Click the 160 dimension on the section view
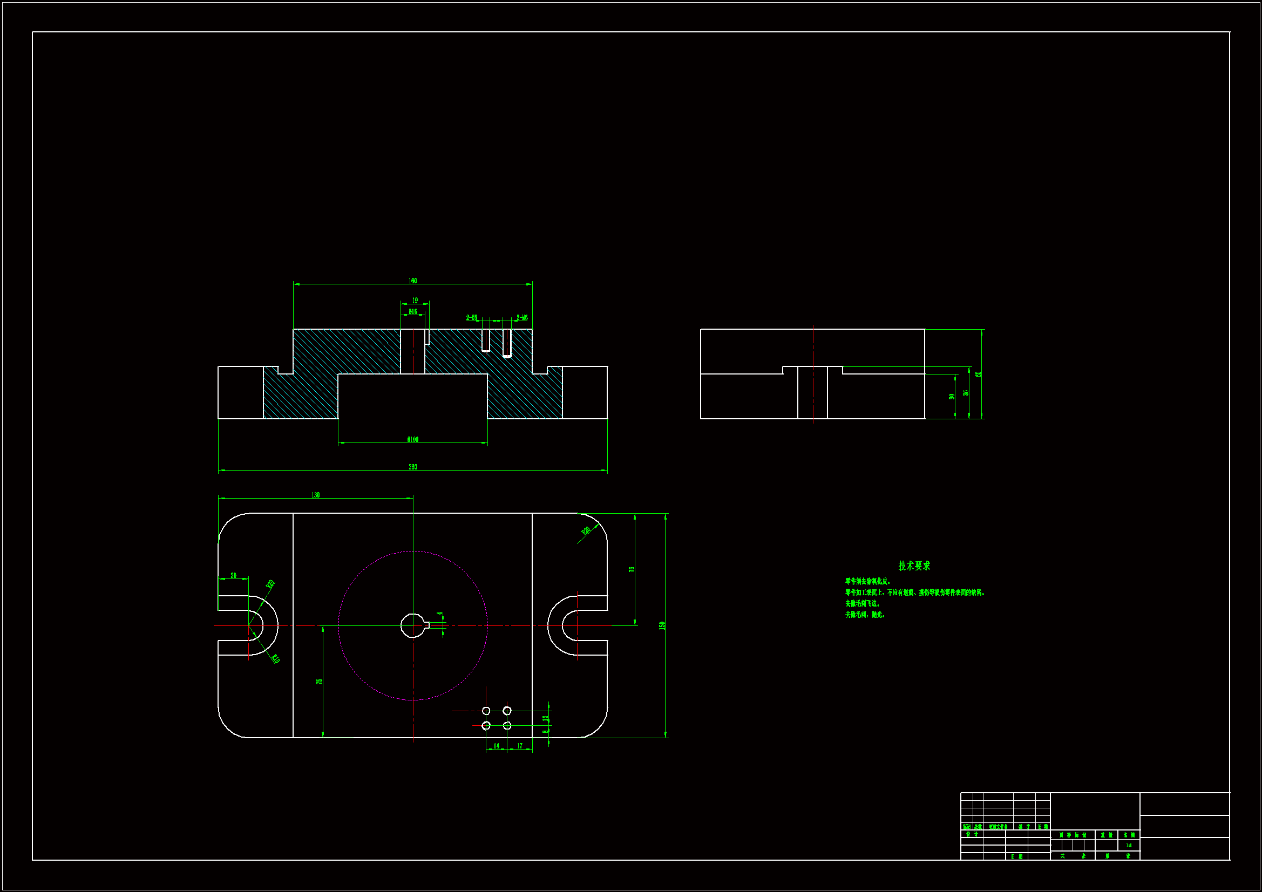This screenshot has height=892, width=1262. tap(412, 281)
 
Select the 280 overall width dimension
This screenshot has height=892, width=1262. tap(412, 467)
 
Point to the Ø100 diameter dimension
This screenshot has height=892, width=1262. tap(412, 439)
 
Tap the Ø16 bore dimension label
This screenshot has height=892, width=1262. tap(412, 311)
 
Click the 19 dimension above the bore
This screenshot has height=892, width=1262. tap(415, 301)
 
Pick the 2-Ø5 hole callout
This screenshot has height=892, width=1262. tap(472, 318)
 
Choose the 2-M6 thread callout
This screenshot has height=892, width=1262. tap(521, 318)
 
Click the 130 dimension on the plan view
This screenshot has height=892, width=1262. tap(315, 495)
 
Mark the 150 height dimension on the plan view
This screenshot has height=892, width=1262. tap(662, 625)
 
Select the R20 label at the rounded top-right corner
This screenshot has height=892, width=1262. tap(586, 530)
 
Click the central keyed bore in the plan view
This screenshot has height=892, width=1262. tap(412, 625)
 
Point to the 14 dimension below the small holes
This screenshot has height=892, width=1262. tap(497, 746)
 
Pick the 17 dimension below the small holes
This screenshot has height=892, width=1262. tap(519, 746)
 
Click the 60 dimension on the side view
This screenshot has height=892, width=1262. tap(978, 374)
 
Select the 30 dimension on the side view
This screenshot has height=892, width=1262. tap(952, 396)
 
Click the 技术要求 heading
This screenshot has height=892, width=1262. tap(913, 566)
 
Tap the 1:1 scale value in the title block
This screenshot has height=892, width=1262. tap(1129, 845)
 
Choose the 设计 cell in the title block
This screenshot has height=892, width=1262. tap(972, 834)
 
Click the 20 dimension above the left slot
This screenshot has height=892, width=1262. tap(233, 575)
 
